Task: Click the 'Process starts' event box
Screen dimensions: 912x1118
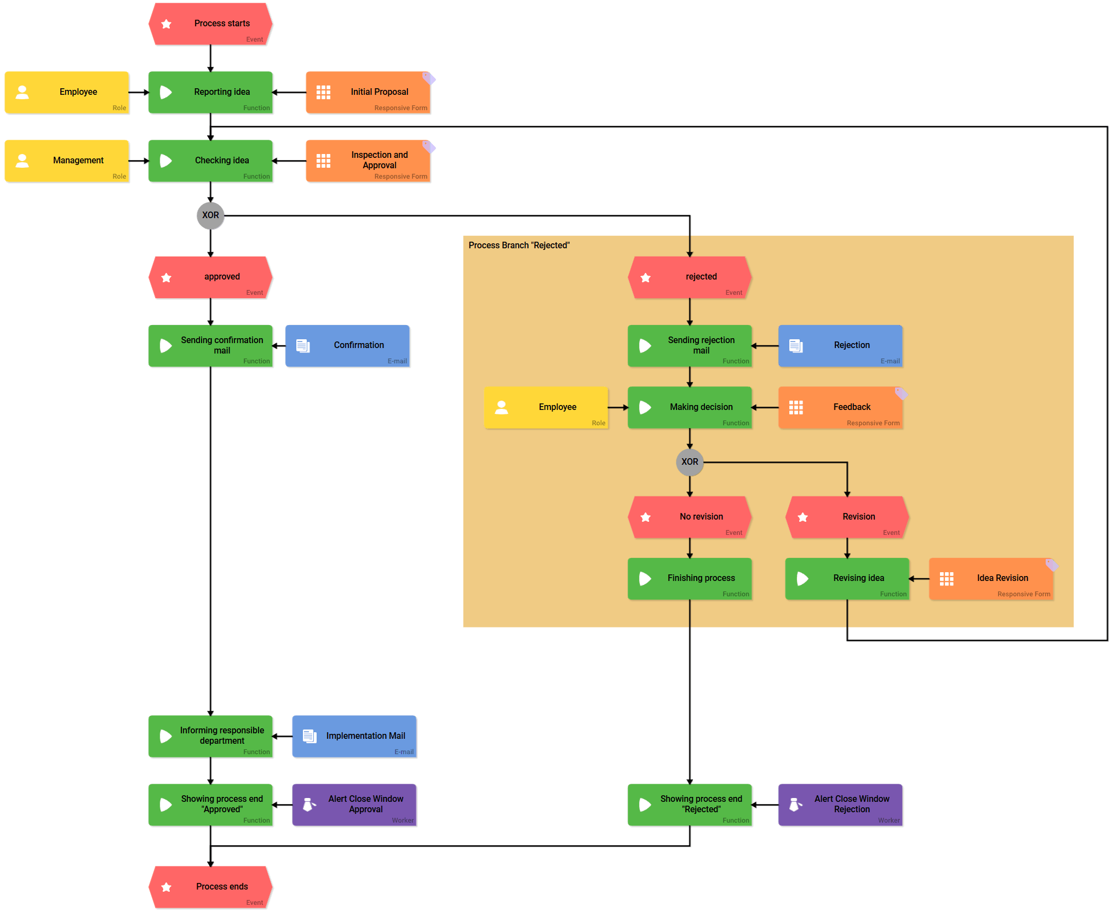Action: click(210, 24)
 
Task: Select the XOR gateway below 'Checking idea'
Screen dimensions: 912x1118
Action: click(210, 215)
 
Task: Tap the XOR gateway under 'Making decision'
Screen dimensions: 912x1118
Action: click(689, 462)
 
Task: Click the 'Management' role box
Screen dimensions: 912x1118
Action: click(67, 161)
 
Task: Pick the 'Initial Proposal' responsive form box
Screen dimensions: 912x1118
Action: click(368, 93)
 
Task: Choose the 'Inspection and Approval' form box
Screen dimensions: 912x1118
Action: click(368, 161)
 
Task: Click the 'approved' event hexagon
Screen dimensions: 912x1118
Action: click(210, 277)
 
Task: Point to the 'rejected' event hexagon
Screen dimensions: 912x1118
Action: click(689, 277)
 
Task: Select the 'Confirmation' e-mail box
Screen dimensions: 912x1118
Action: click(347, 346)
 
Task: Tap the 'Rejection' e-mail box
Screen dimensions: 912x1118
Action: click(840, 346)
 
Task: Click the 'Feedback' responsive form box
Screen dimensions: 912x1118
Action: click(840, 407)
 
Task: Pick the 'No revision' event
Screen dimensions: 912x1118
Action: click(689, 517)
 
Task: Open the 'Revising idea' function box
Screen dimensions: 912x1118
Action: click(847, 579)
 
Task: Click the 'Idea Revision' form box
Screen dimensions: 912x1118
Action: click(991, 579)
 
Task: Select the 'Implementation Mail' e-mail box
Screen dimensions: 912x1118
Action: click(354, 736)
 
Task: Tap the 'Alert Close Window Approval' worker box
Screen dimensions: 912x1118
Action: click(354, 805)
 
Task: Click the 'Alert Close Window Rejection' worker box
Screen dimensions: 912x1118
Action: click(840, 805)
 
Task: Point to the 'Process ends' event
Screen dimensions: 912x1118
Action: click(210, 887)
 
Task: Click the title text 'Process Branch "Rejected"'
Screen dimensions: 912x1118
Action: click(519, 246)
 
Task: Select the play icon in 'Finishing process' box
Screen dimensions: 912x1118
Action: click(645, 579)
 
